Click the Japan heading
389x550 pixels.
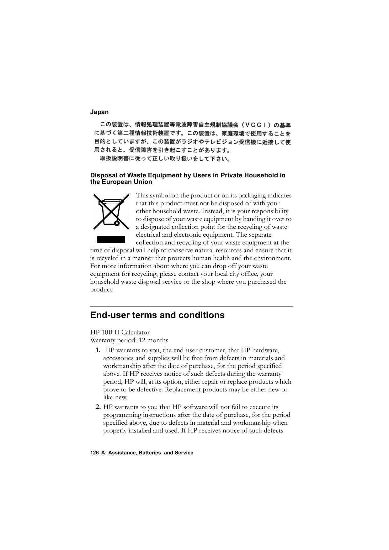99,112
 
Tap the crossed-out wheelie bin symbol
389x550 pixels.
111,212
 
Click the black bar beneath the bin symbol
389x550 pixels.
111,240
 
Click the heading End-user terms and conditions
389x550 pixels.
157,315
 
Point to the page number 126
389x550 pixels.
94,453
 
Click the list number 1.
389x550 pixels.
98,350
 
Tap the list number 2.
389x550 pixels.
98,407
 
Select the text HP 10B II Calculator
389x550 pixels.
120,333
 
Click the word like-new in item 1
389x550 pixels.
115,398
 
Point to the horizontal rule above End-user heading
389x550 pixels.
191,307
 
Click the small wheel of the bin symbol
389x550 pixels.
117,223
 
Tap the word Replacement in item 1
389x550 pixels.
183,390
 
